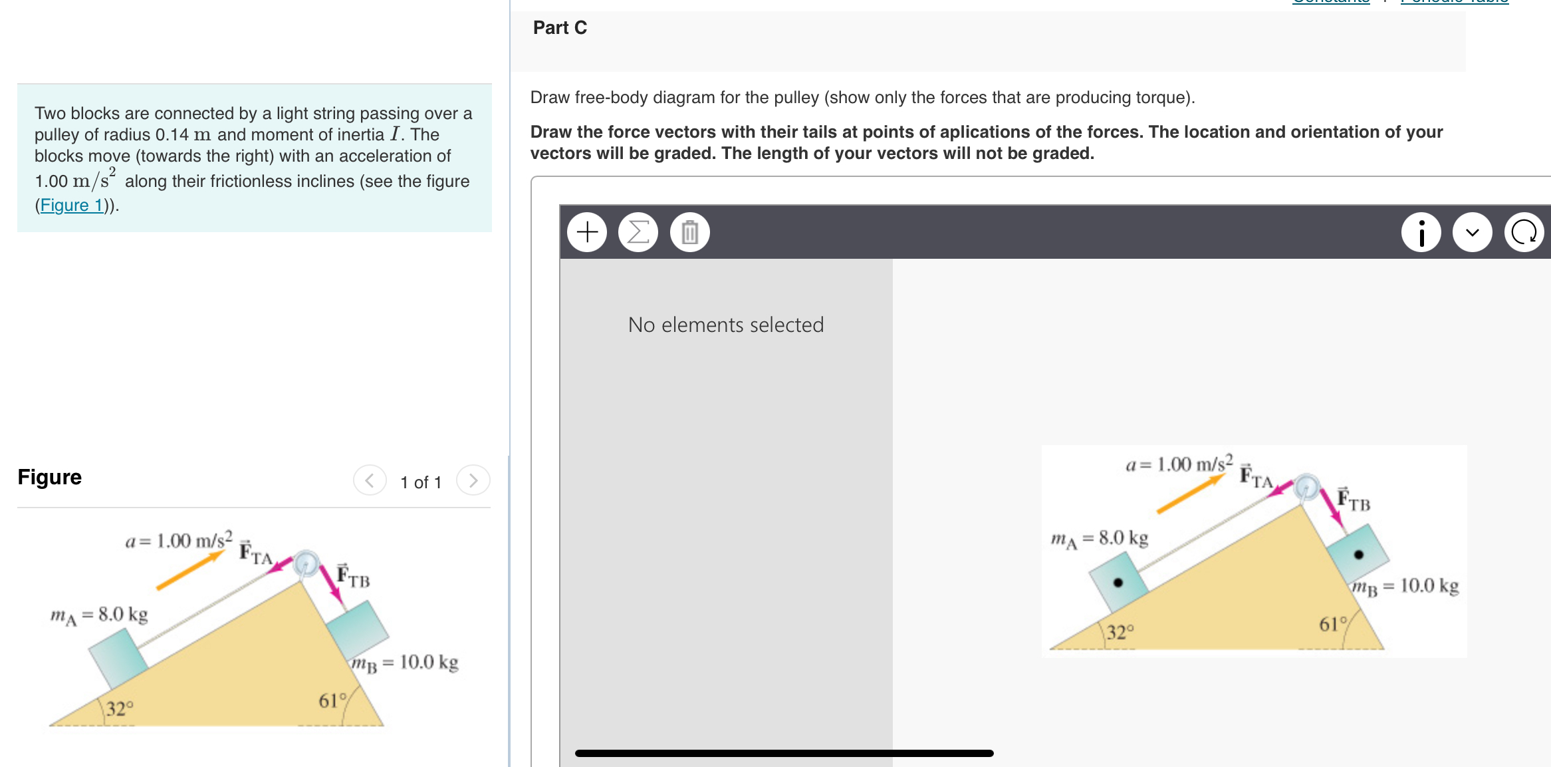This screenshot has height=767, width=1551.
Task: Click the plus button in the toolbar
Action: tap(587, 232)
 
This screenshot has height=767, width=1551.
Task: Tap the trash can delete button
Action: tap(689, 232)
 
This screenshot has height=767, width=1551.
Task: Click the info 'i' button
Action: tap(1421, 232)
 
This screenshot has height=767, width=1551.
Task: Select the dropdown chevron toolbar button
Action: tap(1472, 232)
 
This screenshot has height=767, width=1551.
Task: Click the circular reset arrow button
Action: tap(1524, 232)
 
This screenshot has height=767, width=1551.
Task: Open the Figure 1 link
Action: tap(72, 205)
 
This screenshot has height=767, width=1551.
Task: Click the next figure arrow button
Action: tap(473, 480)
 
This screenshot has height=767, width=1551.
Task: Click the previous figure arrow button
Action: tap(370, 480)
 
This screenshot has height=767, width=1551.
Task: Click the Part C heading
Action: tap(560, 28)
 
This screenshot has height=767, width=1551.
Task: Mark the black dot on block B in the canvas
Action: tap(1358, 554)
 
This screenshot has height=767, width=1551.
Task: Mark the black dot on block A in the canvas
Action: tap(1118, 583)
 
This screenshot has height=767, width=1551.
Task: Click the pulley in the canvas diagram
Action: tap(1306, 487)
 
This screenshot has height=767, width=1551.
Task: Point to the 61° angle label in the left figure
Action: tap(332, 700)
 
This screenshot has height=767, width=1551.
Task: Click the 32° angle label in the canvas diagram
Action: tap(1120, 631)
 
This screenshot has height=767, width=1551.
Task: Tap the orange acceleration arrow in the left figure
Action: tap(190, 571)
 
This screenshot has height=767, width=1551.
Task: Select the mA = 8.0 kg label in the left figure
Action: tap(99, 615)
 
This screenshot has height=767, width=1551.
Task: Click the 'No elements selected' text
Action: tap(725, 325)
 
